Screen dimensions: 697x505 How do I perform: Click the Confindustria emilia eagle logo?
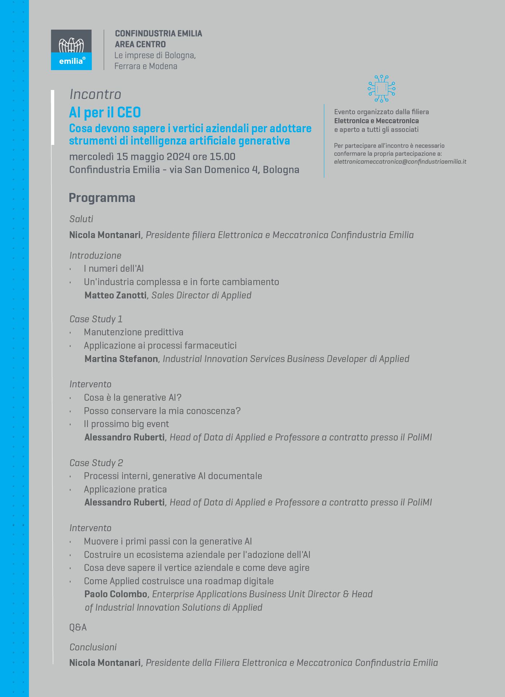pos(71,50)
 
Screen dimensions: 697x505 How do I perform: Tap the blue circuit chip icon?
pos(381,89)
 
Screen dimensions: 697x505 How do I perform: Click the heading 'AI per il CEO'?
pos(105,113)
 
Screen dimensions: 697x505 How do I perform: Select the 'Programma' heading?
pos(102,198)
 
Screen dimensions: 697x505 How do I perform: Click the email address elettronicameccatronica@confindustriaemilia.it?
pos(400,162)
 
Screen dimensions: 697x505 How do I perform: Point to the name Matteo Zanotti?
pos(115,295)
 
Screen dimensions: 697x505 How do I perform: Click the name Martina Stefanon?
pos(121,359)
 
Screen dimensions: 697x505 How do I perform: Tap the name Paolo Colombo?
pos(116,594)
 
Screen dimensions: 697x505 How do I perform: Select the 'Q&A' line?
pos(78,627)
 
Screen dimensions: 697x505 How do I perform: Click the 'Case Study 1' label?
pos(96,319)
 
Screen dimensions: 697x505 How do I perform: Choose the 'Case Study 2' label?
pos(96,463)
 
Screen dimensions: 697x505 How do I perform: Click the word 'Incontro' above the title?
pos(95,94)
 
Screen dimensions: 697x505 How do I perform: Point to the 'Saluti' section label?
pos(81,219)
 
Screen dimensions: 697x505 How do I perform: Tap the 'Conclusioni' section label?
pos(93,647)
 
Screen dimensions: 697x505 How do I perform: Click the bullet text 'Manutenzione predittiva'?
pos(133,332)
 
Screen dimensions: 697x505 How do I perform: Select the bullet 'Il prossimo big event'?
pos(126,424)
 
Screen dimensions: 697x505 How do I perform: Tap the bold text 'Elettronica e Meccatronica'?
pos(376,121)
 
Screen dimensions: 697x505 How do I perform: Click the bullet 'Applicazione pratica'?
pos(125,489)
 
